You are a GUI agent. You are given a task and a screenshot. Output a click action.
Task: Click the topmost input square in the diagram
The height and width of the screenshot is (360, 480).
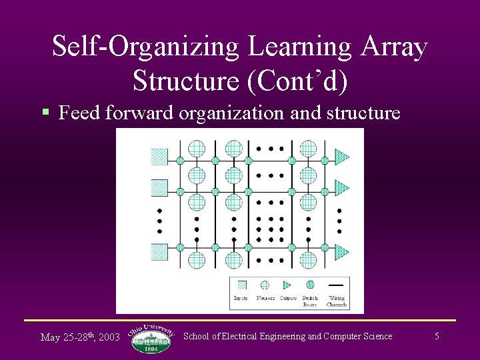[159, 157]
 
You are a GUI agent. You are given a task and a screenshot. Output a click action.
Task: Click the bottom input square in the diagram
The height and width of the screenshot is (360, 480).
[159, 252]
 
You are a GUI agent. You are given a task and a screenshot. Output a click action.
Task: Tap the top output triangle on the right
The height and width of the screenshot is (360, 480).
[341, 157]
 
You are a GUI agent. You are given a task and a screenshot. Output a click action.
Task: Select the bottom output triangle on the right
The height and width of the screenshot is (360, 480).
[341, 252]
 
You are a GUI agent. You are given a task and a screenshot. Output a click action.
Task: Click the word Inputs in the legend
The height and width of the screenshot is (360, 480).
[241, 298]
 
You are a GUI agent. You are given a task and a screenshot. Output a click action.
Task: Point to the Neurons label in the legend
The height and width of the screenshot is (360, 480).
[265, 298]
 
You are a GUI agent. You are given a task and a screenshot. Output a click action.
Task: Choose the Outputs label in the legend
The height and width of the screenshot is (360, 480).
[288, 298]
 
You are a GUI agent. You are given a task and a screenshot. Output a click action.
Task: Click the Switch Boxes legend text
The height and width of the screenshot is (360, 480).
[310, 301]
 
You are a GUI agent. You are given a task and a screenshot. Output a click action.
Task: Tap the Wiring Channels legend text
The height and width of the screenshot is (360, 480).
[336, 301]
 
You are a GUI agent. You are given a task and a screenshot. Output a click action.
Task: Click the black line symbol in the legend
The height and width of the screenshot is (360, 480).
[336, 285]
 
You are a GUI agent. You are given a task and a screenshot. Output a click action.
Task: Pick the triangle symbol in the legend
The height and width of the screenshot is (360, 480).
[287, 285]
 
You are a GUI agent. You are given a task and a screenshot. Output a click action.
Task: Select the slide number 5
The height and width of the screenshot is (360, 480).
[437, 336]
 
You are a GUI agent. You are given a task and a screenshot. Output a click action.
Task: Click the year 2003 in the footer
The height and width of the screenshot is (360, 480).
[109, 337]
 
